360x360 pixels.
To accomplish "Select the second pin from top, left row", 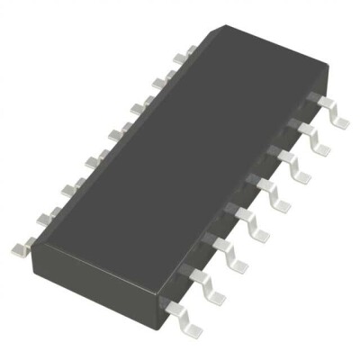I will coord(159,83).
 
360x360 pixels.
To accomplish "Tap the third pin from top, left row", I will coord(137,109).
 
